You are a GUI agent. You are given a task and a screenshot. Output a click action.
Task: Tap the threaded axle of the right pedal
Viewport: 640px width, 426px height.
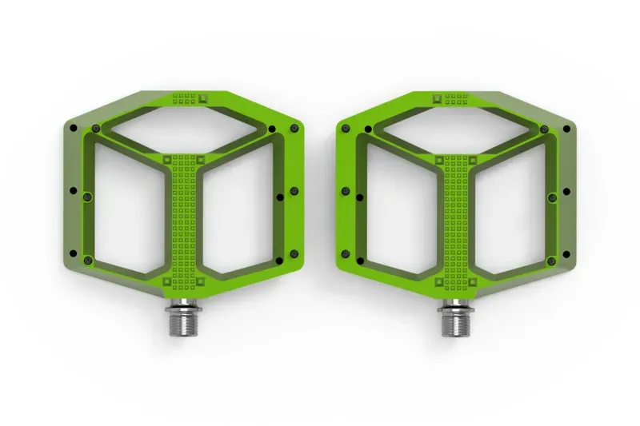click(x=455, y=320)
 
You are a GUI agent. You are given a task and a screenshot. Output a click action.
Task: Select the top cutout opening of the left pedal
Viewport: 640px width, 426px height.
click(x=185, y=131)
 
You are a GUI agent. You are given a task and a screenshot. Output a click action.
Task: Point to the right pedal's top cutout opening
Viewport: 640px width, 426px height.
click(x=455, y=131)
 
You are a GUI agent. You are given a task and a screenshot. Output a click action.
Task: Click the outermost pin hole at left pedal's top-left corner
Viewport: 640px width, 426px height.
click(x=95, y=126)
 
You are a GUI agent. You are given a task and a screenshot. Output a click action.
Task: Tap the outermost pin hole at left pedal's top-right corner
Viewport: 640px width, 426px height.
click(x=274, y=128)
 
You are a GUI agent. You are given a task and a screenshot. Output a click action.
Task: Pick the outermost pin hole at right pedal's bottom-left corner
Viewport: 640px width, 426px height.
click(x=362, y=261)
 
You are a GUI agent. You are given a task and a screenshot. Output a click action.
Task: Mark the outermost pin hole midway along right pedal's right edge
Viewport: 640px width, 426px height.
click(x=566, y=192)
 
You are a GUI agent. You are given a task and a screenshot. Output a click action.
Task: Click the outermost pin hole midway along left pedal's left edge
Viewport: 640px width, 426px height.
click(x=74, y=192)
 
